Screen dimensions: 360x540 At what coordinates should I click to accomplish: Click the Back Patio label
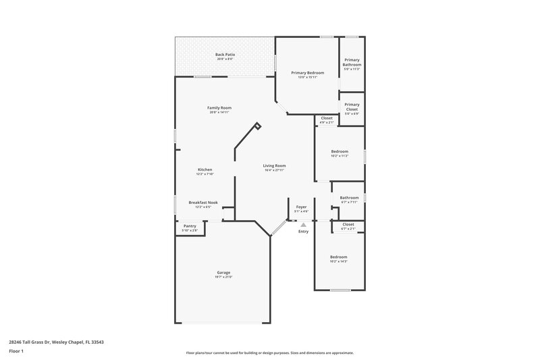pos(225,54)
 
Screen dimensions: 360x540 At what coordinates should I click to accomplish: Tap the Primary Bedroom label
pos(307,72)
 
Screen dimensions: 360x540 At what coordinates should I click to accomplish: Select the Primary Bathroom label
pos(352,62)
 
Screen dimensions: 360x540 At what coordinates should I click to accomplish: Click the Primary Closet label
pos(352,105)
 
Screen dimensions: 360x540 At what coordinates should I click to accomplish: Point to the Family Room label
pos(219,107)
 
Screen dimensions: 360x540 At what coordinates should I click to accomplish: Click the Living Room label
pos(275,165)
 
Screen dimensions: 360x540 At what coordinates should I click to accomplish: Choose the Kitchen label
pos(205,170)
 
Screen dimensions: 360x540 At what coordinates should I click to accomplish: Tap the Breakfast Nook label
pos(203,203)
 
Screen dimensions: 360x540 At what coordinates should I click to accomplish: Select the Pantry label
pos(190,226)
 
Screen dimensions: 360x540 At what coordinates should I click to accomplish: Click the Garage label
pos(223,272)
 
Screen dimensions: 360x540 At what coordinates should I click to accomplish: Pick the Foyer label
pos(301,207)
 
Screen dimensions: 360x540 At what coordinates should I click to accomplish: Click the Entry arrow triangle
pos(304,225)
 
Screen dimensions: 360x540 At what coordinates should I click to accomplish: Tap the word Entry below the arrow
pos(304,232)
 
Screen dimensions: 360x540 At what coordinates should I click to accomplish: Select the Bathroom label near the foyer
pos(349,197)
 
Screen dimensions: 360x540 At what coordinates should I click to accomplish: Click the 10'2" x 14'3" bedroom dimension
pos(339,261)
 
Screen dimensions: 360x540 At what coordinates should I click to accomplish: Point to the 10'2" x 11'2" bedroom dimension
pos(340,155)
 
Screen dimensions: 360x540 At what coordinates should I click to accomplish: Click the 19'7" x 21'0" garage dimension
pos(223,277)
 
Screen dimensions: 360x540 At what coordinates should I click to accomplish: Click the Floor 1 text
pos(16,351)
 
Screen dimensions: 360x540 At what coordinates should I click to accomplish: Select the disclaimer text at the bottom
pos(269,353)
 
